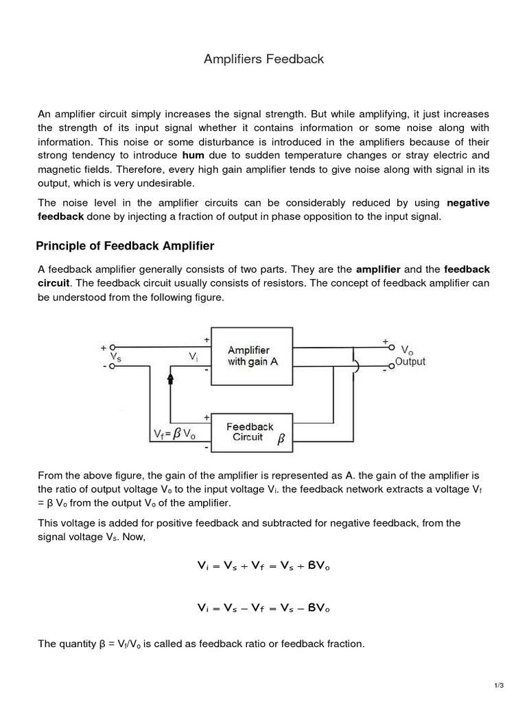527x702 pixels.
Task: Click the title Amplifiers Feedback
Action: (263, 60)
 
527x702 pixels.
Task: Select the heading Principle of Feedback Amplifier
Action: (126, 246)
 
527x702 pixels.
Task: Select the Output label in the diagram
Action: (410, 361)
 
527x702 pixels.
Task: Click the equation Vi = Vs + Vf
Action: (263, 566)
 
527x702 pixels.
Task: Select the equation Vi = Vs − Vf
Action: (263, 607)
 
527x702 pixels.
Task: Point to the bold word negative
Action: (468, 203)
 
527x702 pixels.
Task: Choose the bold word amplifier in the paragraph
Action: (378, 269)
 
